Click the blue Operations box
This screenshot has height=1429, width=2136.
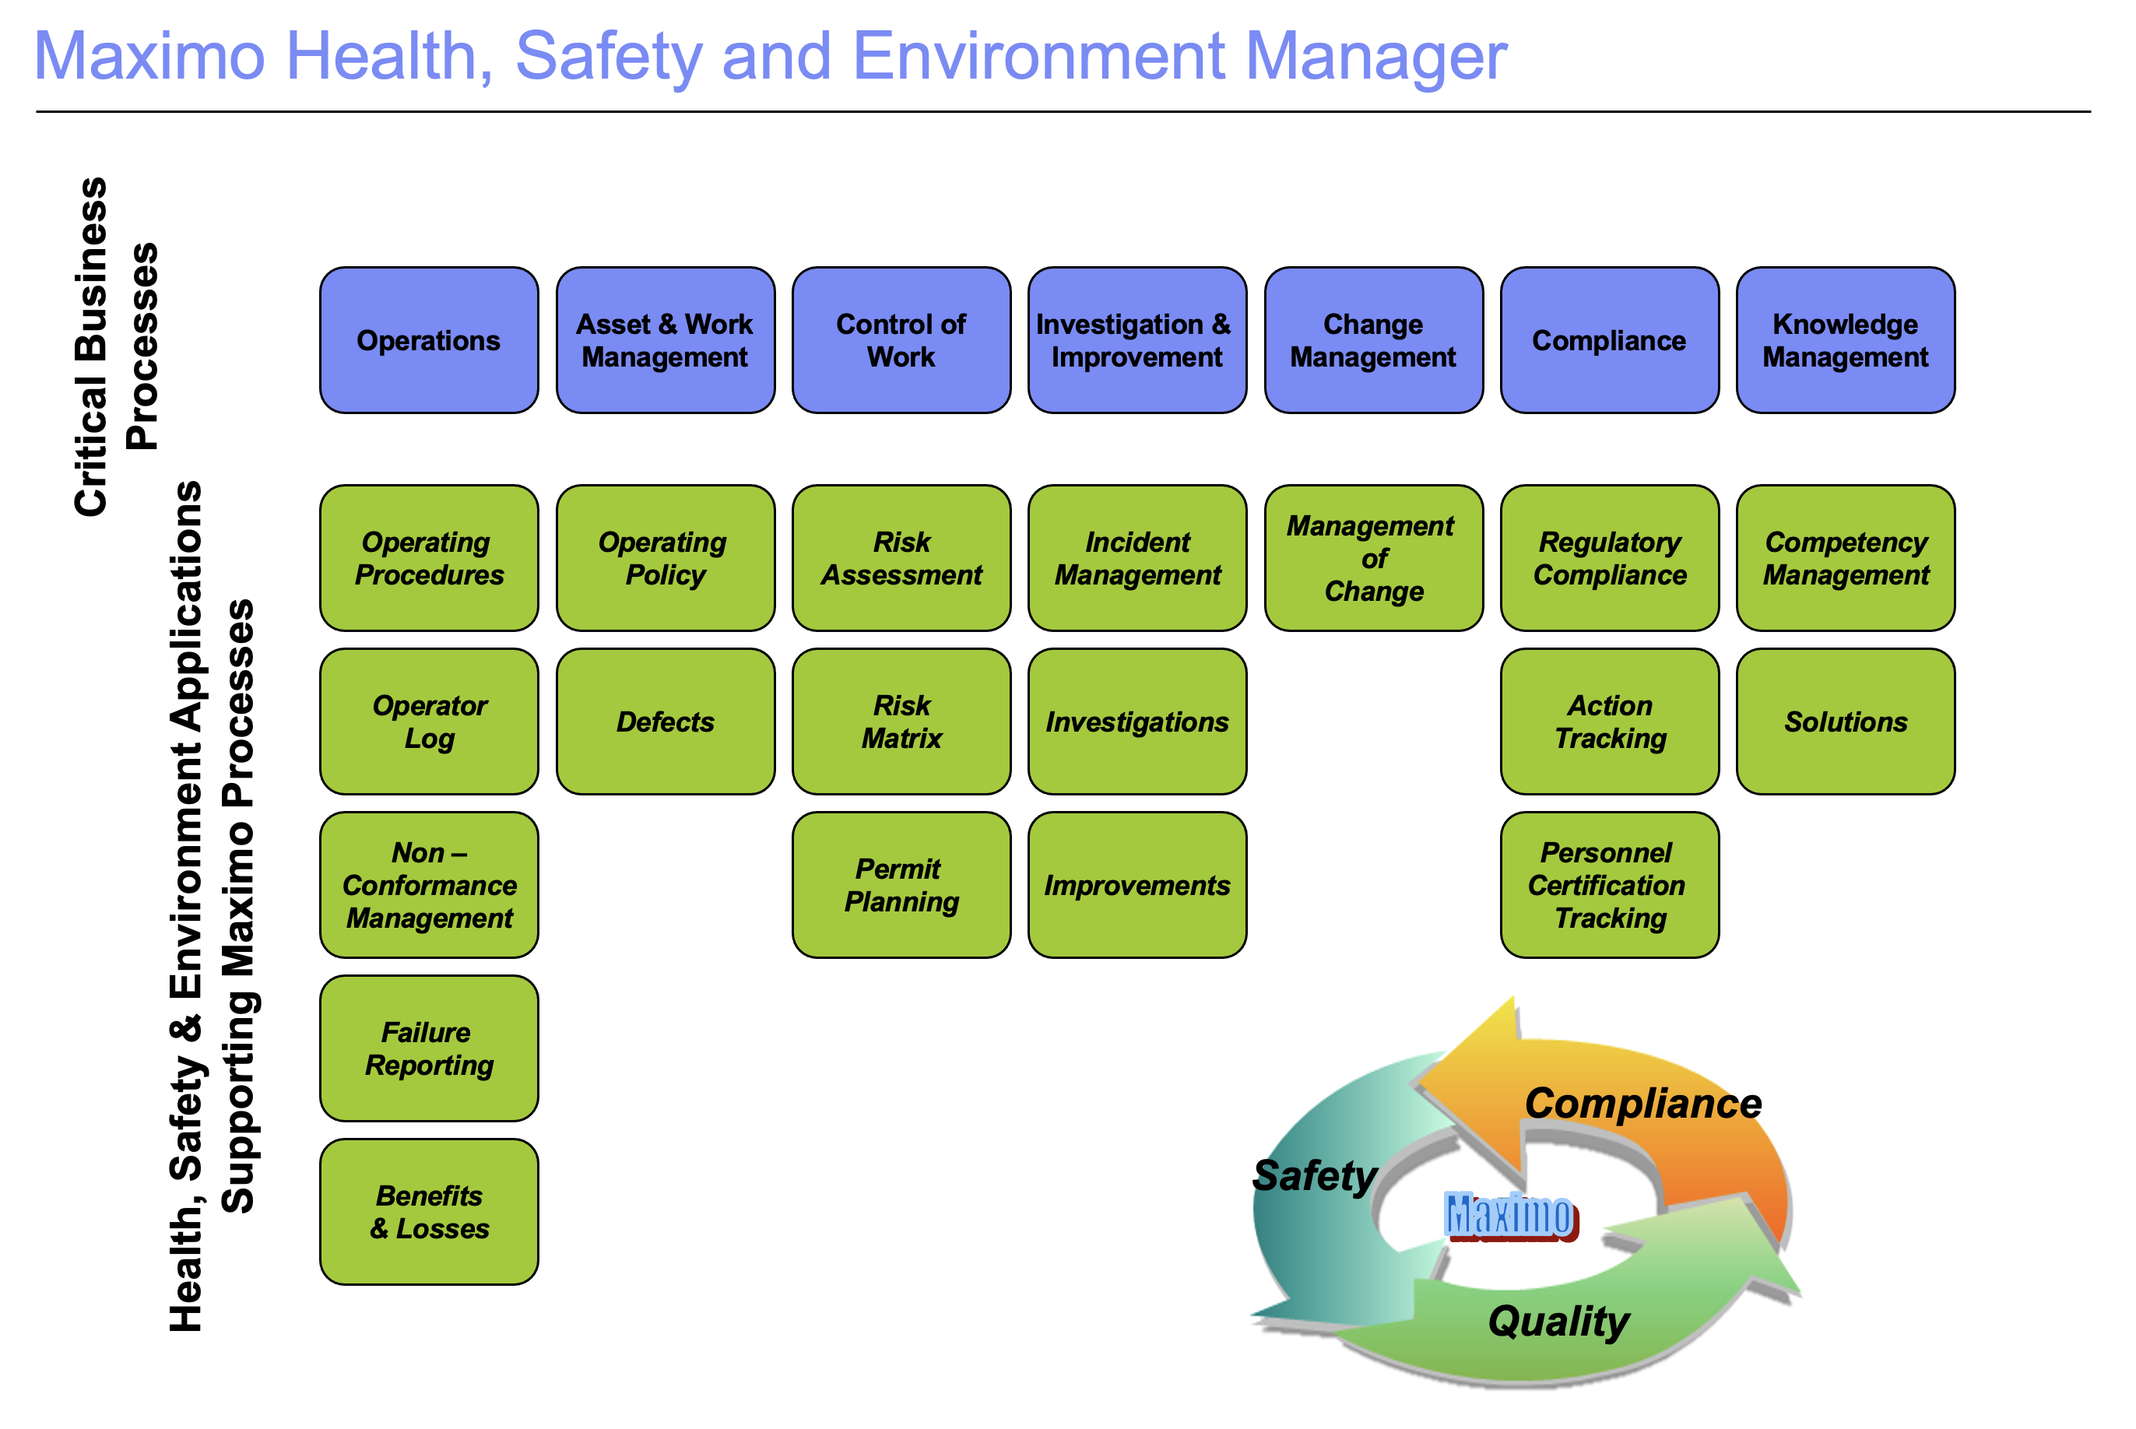428,340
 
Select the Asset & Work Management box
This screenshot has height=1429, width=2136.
666,340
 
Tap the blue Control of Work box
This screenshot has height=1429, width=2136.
901,340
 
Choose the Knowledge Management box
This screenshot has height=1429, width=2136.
1846,340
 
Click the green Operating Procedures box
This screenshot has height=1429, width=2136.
428,558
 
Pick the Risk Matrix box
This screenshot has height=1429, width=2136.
901,721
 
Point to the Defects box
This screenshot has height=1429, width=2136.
666,721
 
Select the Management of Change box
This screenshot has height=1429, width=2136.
1373,558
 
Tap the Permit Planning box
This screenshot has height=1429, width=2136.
901,884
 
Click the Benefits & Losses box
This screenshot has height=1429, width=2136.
428,1211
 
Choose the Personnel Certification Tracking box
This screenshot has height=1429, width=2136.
1609,884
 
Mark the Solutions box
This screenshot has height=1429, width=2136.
1846,721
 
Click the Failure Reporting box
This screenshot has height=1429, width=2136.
428,1048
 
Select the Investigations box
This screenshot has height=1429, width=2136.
1137,721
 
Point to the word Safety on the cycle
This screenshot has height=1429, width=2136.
1314,1175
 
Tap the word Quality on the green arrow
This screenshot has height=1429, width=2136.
1558,1321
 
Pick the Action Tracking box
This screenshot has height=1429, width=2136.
1609,721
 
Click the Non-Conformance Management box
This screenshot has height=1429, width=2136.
428,884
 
